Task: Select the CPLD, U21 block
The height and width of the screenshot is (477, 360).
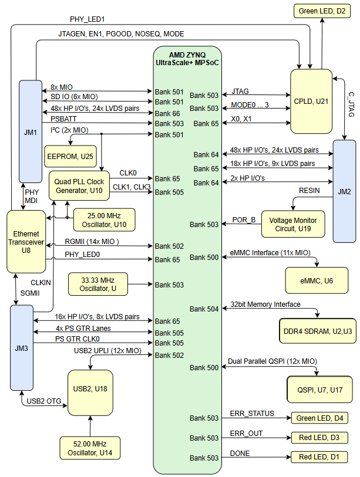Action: [311, 100]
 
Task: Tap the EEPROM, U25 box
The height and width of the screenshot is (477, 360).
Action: [70, 156]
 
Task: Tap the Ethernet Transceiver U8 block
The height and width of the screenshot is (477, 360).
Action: [26, 242]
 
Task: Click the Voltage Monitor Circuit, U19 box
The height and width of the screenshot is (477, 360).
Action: [292, 224]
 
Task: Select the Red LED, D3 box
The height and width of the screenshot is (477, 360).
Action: [319, 438]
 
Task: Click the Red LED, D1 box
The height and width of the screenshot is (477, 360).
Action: [319, 457]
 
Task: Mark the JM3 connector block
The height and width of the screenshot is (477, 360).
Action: [22, 348]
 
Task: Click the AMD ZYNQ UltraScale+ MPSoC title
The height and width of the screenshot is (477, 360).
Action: [187, 58]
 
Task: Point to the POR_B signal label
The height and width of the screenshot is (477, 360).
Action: [244, 220]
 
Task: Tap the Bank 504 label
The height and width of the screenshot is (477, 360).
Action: [204, 309]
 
